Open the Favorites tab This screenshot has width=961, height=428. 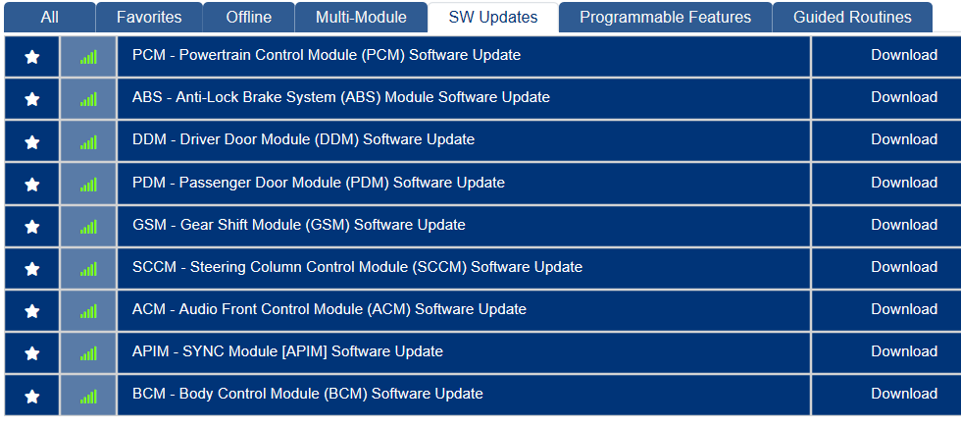[149, 17]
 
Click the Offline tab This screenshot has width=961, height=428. [249, 17]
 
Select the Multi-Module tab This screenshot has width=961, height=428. [361, 17]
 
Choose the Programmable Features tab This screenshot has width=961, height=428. [665, 17]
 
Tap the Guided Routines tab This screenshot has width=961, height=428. [852, 17]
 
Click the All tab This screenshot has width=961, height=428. [50, 17]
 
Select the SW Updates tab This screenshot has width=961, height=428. [493, 17]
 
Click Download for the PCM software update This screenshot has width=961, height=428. [904, 55]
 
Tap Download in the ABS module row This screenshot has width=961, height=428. [904, 97]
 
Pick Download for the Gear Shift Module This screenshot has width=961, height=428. [904, 225]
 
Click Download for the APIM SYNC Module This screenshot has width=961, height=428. [904, 352]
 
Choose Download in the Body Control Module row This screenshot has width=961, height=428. [904, 395]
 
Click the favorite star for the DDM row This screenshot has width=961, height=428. [31, 142]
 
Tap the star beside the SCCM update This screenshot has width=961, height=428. [31, 269]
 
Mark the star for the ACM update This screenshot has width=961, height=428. [31, 311]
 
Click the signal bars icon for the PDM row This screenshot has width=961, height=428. [88, 184]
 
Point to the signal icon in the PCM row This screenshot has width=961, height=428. [88, 57]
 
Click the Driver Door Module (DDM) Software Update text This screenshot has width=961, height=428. [303, 139]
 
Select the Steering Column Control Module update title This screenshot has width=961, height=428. [357, 267]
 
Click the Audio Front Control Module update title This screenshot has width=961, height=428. [329, 309]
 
